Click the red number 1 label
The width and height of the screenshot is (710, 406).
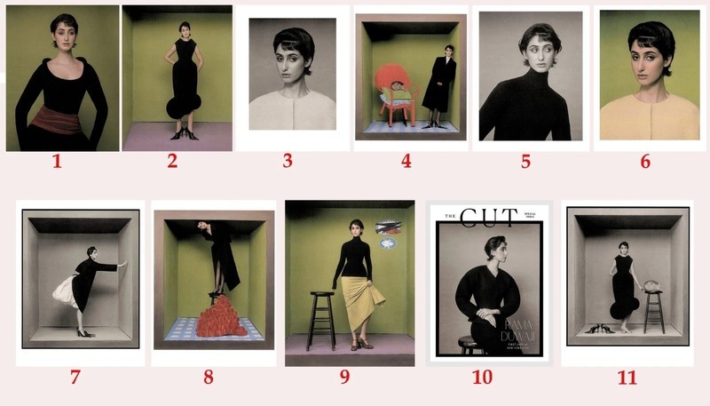click(59, 163)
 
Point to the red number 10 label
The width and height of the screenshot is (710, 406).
click(482, 377)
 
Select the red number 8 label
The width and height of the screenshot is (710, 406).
click(208, 377)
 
